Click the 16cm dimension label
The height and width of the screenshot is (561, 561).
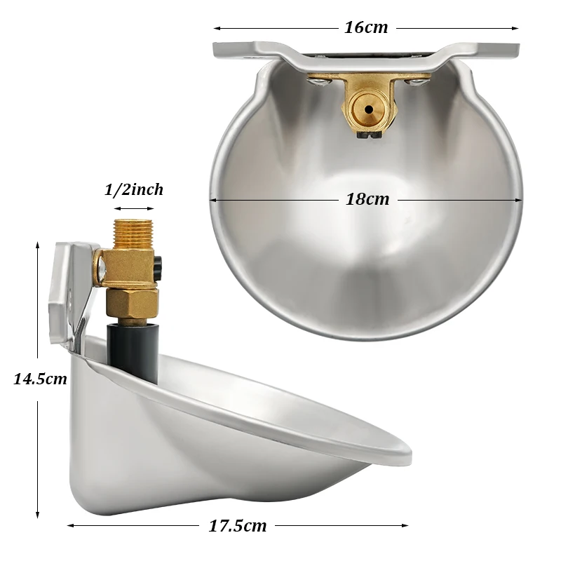click(x=366, y=27)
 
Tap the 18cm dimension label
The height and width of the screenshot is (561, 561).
click(x=367, y=199)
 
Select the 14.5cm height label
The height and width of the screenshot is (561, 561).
click(x=40, y=379)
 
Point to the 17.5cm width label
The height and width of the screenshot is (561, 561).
click(x=238, y=526)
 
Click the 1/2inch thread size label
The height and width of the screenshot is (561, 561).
click(x=134, y=189)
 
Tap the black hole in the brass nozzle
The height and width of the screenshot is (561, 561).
click(x=369, y=109)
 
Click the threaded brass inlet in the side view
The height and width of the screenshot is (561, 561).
click(x=133, y=234)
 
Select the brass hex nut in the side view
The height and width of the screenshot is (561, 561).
click(x=133, y=304)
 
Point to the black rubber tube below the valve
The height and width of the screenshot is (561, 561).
click(x=133, y=352)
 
